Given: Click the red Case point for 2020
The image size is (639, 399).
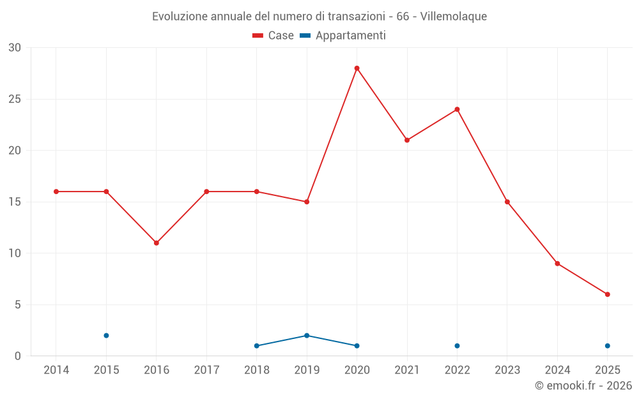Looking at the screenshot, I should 357,68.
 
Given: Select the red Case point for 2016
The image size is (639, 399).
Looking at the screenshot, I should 156,243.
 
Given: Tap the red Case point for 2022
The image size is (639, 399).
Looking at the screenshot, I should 457,109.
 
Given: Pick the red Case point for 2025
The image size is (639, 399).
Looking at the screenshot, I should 607,294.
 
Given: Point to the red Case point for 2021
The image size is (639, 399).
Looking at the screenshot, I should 407,140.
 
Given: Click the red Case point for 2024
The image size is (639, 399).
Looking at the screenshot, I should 557,264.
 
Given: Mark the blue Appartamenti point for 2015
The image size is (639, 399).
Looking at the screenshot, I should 106,336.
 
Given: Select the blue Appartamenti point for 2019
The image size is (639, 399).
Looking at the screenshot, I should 307,336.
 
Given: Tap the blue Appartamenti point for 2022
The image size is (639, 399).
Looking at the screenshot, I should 457,346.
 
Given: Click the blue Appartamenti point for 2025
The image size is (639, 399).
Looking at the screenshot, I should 607,346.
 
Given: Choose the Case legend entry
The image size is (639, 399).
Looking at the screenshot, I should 273,36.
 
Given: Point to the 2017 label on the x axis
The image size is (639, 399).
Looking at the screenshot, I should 206,370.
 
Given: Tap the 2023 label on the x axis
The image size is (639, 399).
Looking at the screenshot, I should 507,370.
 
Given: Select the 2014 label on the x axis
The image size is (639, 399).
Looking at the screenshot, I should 56,370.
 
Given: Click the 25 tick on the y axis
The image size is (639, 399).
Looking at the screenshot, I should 15,99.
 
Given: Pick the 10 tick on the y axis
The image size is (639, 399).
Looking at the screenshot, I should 15,253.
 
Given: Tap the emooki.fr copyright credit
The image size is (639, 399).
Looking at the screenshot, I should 583,386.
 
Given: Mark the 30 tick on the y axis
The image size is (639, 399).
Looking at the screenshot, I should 15,48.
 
